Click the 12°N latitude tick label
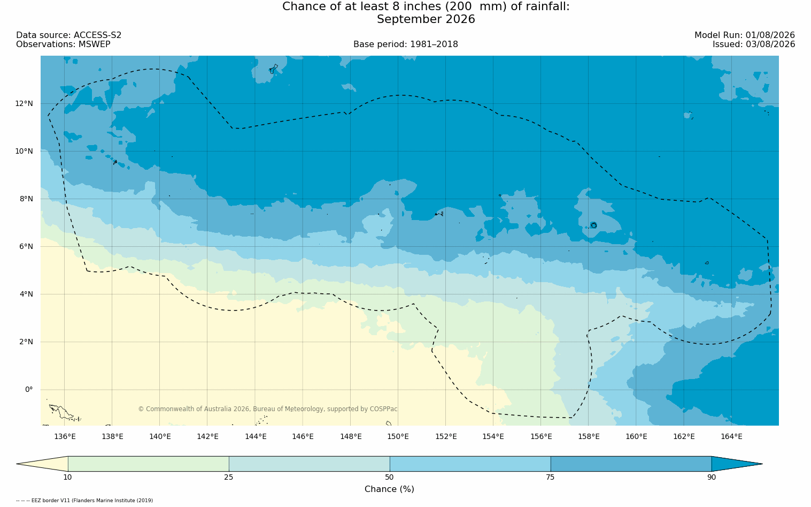pos(24,104)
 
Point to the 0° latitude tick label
pos(29,390)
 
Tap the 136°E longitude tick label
pos(65,436)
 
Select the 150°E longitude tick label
pos(398,436)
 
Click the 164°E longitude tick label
pos(731,436)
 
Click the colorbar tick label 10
pos(68,477)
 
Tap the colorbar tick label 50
pos(390,477)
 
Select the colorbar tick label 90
pos(712,477)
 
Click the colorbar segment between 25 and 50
pos(309,464)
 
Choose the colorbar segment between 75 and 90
pos(631,464)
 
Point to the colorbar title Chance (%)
pos(389,489)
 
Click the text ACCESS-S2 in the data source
pos(97,35)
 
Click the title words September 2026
pos(426,19)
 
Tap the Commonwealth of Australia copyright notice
pos(268,408)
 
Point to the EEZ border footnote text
pos(84,501)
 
